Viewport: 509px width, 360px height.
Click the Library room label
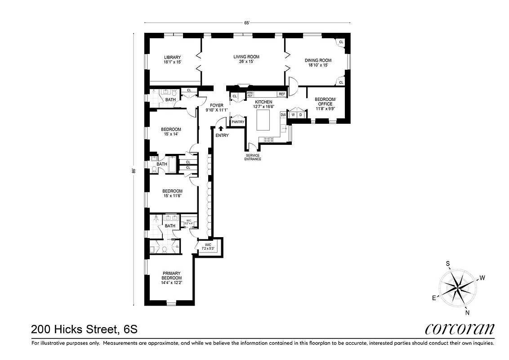[x=172, y=57]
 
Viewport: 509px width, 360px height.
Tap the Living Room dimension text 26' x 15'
[x=246, y=62]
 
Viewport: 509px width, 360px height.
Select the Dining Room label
[x=318, y=60]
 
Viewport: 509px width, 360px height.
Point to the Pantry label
[x=237, y=122]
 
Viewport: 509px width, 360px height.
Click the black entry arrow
[x=220, y=129]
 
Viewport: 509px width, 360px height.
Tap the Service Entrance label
[x=252, y=157]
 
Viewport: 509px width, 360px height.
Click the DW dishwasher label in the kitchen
[x=283, y=115]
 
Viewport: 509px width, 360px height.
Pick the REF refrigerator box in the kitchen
[x=281, y=94]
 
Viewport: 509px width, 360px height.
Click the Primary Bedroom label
[x=172, y=276]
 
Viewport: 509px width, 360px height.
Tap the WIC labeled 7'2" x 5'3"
[x=209, y=247]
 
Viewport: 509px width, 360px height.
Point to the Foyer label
[x=217, y=105]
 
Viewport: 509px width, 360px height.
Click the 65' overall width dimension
[x=247, y=23]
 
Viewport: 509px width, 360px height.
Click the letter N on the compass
[x=468, y=313]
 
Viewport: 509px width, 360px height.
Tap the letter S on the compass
[x=447, y=264]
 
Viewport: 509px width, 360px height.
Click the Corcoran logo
[x=460, y=329]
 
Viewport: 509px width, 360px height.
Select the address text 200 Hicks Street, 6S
[x=84, y=329]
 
